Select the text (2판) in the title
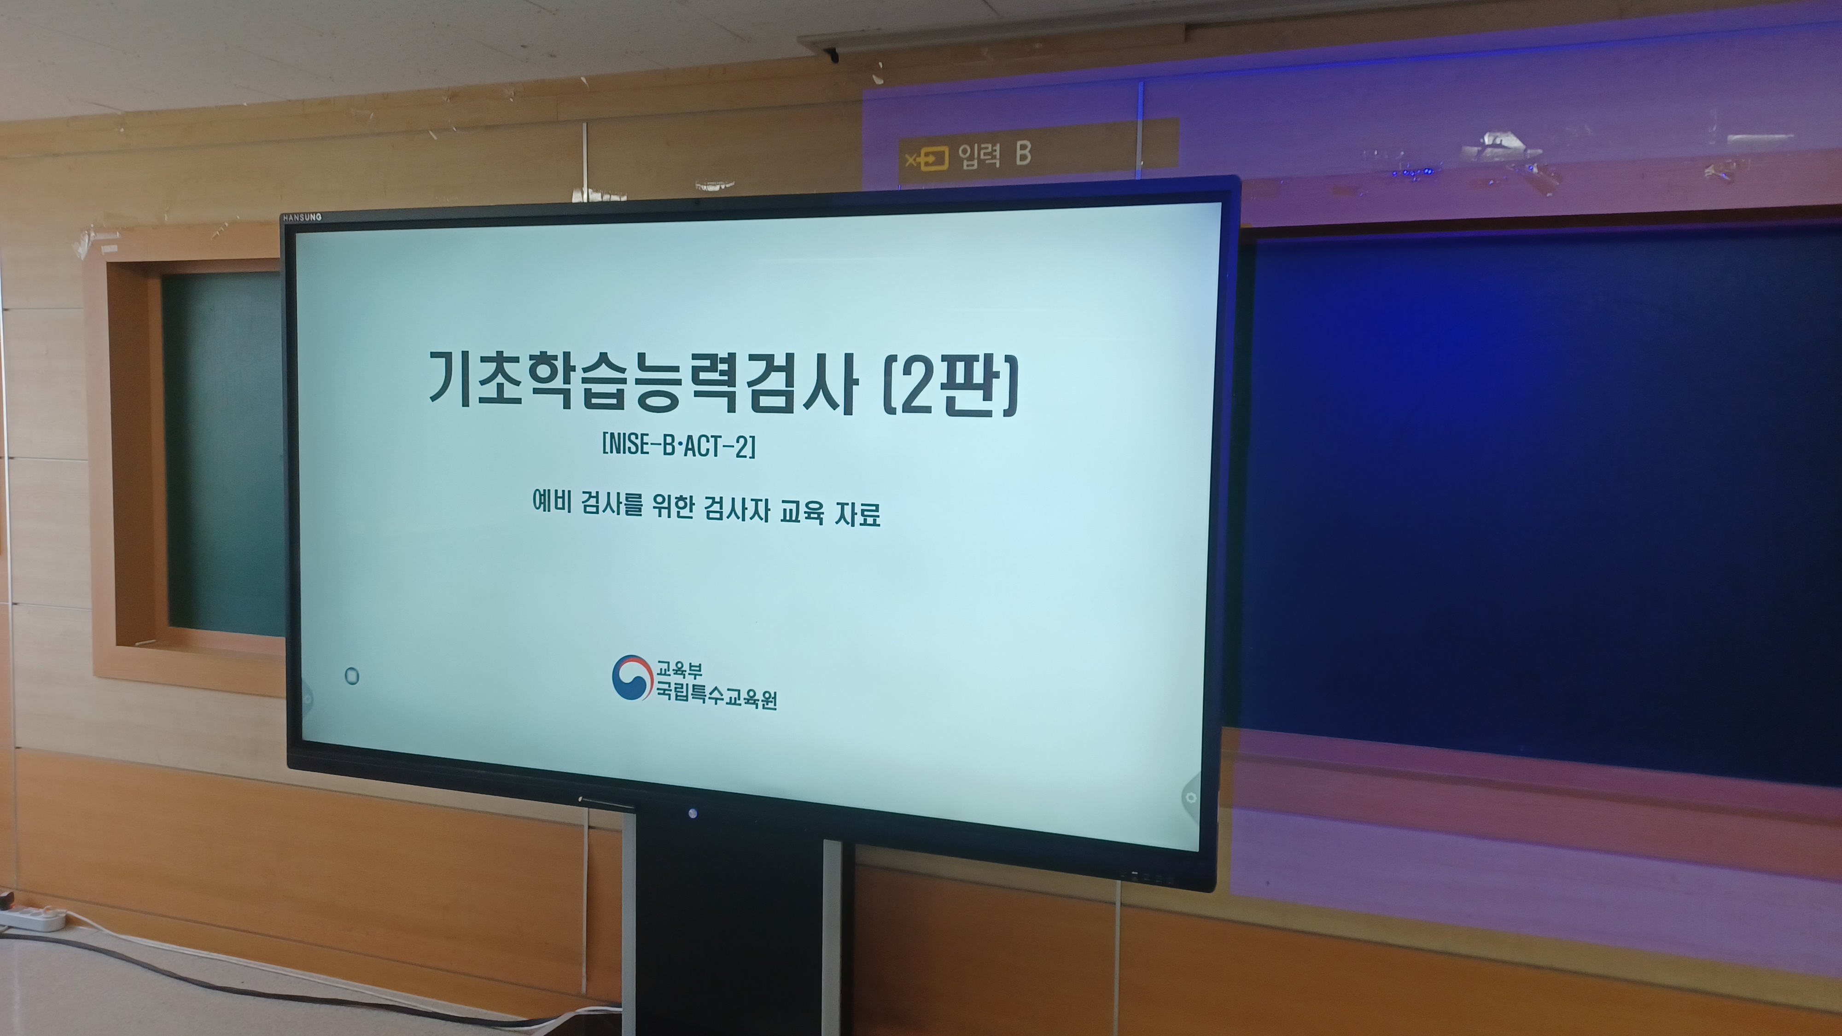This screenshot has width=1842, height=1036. [x=951, y=386]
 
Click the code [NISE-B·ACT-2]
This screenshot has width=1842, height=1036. [x=679, y=445]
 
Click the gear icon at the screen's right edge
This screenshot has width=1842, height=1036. [x=1190, y=797]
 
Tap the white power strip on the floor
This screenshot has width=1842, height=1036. [x=32, y=917]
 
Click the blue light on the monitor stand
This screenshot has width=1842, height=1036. [x=692, y=813]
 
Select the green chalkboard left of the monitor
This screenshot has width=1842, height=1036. [x=223, y=454]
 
